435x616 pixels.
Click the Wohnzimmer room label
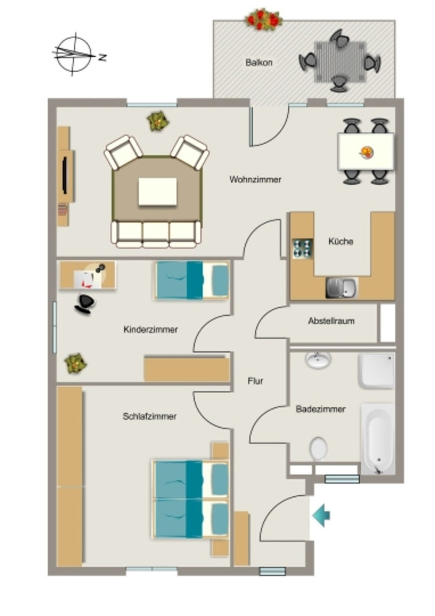(x=255, y=179)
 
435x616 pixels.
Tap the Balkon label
(x=259, y=63)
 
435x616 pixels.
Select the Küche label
(x=341, y=241)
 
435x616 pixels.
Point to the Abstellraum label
(x=332, y=321)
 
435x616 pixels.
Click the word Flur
(x=255, y=381)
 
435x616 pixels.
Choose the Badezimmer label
(x=320, y=409)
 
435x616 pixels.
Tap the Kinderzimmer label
(x=151, y=330)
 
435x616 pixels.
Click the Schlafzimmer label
(x=150, y=416)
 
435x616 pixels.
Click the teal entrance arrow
(x=321, y=515)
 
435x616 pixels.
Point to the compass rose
(x=74, y=54)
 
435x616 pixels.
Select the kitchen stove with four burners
(x=302, y=248)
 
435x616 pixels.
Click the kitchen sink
(x=342, y=288)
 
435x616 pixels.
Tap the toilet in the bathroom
(x=318, y=449)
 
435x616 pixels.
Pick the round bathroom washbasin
(x=318, y=360)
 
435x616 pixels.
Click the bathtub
(x=378, y=438)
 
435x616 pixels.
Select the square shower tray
(x=376, y=371)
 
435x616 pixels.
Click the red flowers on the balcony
(x=264, y=19)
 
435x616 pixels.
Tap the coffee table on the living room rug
(x=157, y=191)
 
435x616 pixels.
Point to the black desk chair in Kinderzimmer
(x=85, y=304)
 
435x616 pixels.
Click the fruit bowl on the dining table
(x=367, y=152)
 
